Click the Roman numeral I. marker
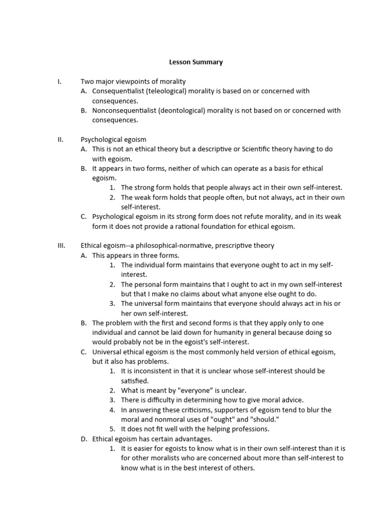pos(59,82)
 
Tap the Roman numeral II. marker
pos(60,139)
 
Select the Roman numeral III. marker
pos(61,246)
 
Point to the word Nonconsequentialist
pos(124,111)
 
